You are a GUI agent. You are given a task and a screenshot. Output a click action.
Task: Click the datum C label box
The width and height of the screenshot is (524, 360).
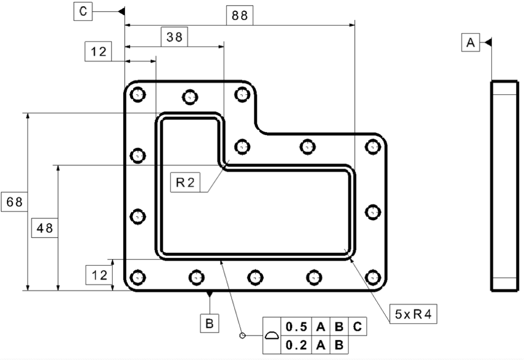[83, 11]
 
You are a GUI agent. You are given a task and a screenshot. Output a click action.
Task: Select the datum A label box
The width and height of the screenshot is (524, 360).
[471, 42]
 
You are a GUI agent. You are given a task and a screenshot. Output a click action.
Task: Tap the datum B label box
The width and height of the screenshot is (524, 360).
[209, 323]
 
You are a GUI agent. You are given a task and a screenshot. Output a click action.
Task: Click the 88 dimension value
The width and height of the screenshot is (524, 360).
[239, 15]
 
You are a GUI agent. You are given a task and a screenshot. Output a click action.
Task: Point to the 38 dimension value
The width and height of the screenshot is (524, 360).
[174, 37]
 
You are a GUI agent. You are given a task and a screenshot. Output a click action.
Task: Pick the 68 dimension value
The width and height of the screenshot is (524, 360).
[14, 202]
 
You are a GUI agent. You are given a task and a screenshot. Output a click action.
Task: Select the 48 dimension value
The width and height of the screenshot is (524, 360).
[45, 228]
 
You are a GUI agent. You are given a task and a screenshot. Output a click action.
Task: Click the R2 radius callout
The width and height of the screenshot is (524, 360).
[185, 182]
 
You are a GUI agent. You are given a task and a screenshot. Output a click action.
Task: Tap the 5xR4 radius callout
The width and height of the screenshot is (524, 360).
[413, 314]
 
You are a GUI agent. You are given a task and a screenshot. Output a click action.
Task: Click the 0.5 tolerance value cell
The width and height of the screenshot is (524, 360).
[296, 327]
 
